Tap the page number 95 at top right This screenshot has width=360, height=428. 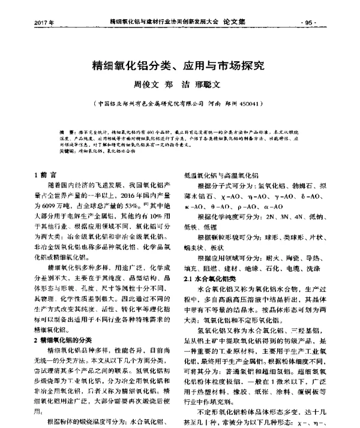point(310,23)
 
